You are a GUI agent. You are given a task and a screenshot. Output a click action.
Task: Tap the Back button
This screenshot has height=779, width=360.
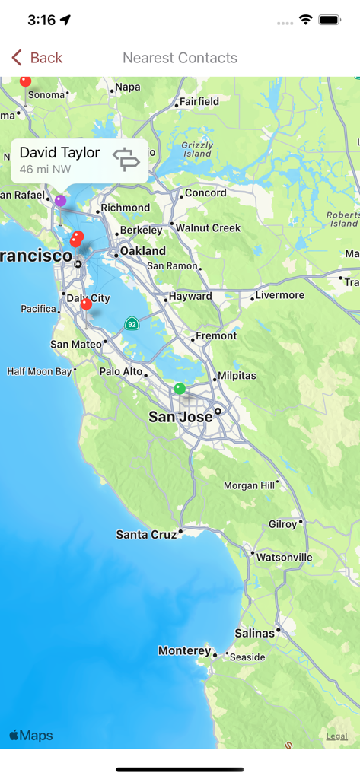coord(37,58)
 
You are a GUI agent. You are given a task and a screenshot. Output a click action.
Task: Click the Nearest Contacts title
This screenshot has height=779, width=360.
coord(180,58)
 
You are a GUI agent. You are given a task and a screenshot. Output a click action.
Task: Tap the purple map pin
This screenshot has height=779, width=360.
coord(60,201)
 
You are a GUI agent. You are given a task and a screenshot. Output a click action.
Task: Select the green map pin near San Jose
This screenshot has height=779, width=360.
coord(180,389)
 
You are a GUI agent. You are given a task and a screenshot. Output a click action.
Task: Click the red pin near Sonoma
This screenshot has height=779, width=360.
coord(25,81)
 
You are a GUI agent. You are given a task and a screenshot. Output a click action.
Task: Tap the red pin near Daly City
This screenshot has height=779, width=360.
coord(86,304)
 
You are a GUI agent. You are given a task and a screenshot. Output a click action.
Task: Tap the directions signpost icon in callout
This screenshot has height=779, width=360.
coord(126,159)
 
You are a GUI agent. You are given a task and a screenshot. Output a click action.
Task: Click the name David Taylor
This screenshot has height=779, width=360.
coord(59,152)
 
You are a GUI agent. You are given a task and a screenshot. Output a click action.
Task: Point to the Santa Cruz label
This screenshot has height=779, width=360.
coord(146,535)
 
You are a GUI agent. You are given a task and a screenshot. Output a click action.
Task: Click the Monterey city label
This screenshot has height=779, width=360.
coord(184,650)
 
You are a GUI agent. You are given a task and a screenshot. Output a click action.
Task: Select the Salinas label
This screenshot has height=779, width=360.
coord(254,633)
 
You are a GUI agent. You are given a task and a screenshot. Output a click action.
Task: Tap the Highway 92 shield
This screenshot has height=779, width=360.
coord(132,323)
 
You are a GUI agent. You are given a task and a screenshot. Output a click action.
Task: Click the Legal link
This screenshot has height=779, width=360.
coord(336,736)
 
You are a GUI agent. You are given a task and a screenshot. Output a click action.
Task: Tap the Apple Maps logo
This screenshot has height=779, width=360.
coord(31,736)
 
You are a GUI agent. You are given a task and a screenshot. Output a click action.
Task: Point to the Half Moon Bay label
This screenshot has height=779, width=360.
coord(39,371)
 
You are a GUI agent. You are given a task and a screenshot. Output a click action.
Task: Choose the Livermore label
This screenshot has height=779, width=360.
coord(279,295)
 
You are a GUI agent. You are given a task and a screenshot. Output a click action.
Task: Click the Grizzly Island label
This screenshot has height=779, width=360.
coord(197,149)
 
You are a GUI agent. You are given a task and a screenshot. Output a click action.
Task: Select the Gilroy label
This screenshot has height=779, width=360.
coord(282,524)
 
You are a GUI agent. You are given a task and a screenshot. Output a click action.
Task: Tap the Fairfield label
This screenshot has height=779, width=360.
coord(199,101)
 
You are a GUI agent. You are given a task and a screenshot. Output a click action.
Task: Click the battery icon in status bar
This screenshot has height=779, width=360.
coord(330,21)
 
